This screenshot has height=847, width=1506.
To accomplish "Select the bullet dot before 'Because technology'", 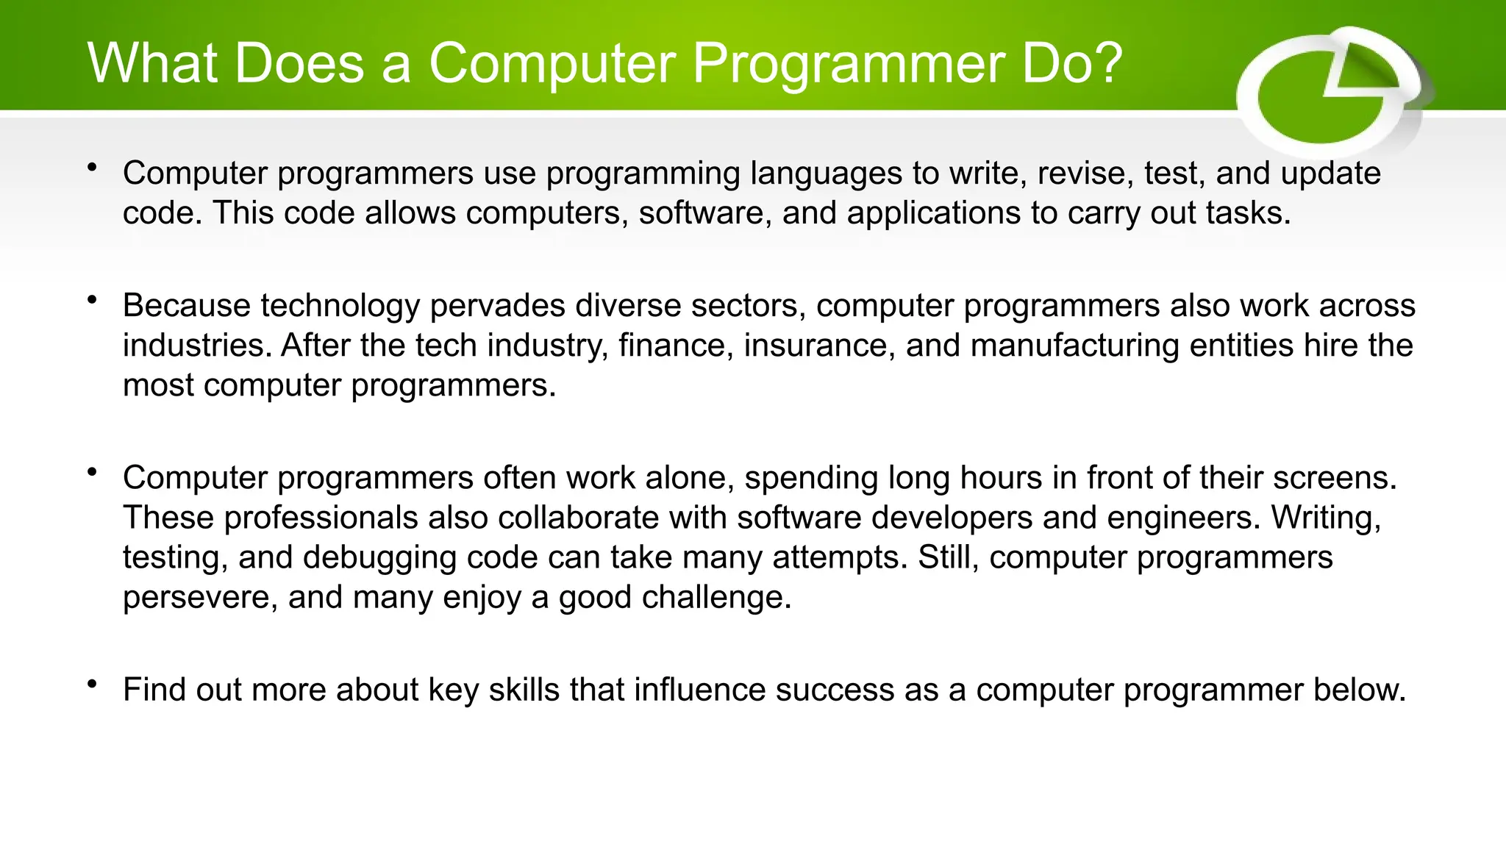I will click(92, 300).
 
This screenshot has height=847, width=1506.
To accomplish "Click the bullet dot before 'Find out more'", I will click(92, 685).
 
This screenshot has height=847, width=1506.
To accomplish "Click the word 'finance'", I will click(676, 346).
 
